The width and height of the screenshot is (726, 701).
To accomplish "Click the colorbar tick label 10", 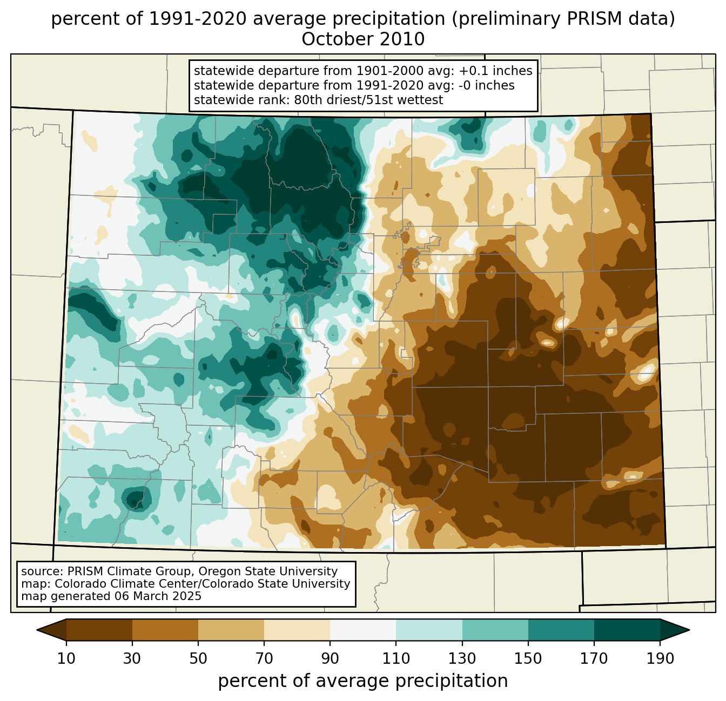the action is pos(66,658).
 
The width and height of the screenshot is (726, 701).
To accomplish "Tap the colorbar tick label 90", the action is pos(330,658).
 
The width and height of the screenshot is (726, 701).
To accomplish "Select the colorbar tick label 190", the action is pos(660,658).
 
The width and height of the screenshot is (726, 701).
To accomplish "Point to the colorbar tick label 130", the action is pos(462,658).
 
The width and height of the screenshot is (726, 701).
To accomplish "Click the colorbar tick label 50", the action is pos(198,658).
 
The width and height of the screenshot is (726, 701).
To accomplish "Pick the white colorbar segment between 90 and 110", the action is pos(362,630).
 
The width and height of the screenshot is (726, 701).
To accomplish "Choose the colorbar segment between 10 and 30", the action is pos(99,630).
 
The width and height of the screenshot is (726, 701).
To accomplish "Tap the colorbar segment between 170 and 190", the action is pos(627,630).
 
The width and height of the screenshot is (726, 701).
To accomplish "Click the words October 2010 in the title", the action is pos(363,39).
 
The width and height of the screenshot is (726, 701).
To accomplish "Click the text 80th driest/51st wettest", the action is pos(368,100).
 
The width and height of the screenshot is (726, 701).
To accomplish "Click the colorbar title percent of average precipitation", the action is pos(362,680).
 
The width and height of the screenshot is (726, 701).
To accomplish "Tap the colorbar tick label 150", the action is pos(528,658).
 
